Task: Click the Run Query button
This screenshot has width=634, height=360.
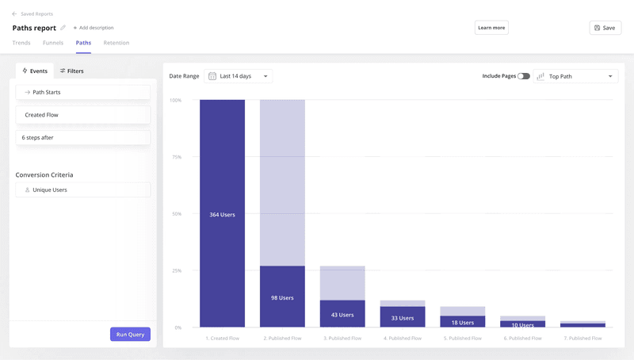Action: click(130, 335)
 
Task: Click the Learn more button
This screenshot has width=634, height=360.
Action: click(491, 28)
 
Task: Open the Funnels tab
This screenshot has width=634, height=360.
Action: click(53, 43)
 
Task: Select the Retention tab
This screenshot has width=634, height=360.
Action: click(116, 43)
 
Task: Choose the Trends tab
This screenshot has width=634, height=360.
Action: click(21, 43)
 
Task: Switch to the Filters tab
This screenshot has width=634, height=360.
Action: click(71, 71)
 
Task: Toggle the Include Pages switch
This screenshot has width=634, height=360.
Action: click(524, 76)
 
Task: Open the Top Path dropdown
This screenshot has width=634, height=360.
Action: click(575, 76)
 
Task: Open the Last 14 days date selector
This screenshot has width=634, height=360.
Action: click(238, 76)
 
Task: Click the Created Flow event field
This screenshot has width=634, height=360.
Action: click(82, 115)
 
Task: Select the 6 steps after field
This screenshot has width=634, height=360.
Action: click(82, 138)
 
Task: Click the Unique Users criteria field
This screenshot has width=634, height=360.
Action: click(82, 190)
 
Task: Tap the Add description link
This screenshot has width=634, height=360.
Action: click(94, 28)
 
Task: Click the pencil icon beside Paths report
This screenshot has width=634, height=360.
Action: click(63, 28)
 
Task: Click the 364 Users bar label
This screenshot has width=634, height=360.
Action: click(222, 215)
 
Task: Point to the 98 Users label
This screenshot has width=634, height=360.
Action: click(282, 298)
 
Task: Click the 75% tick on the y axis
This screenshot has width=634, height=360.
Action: click(177, 157)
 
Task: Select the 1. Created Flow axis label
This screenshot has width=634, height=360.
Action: click(222, 339)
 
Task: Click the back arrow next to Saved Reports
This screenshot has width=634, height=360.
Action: click(14, 14)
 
